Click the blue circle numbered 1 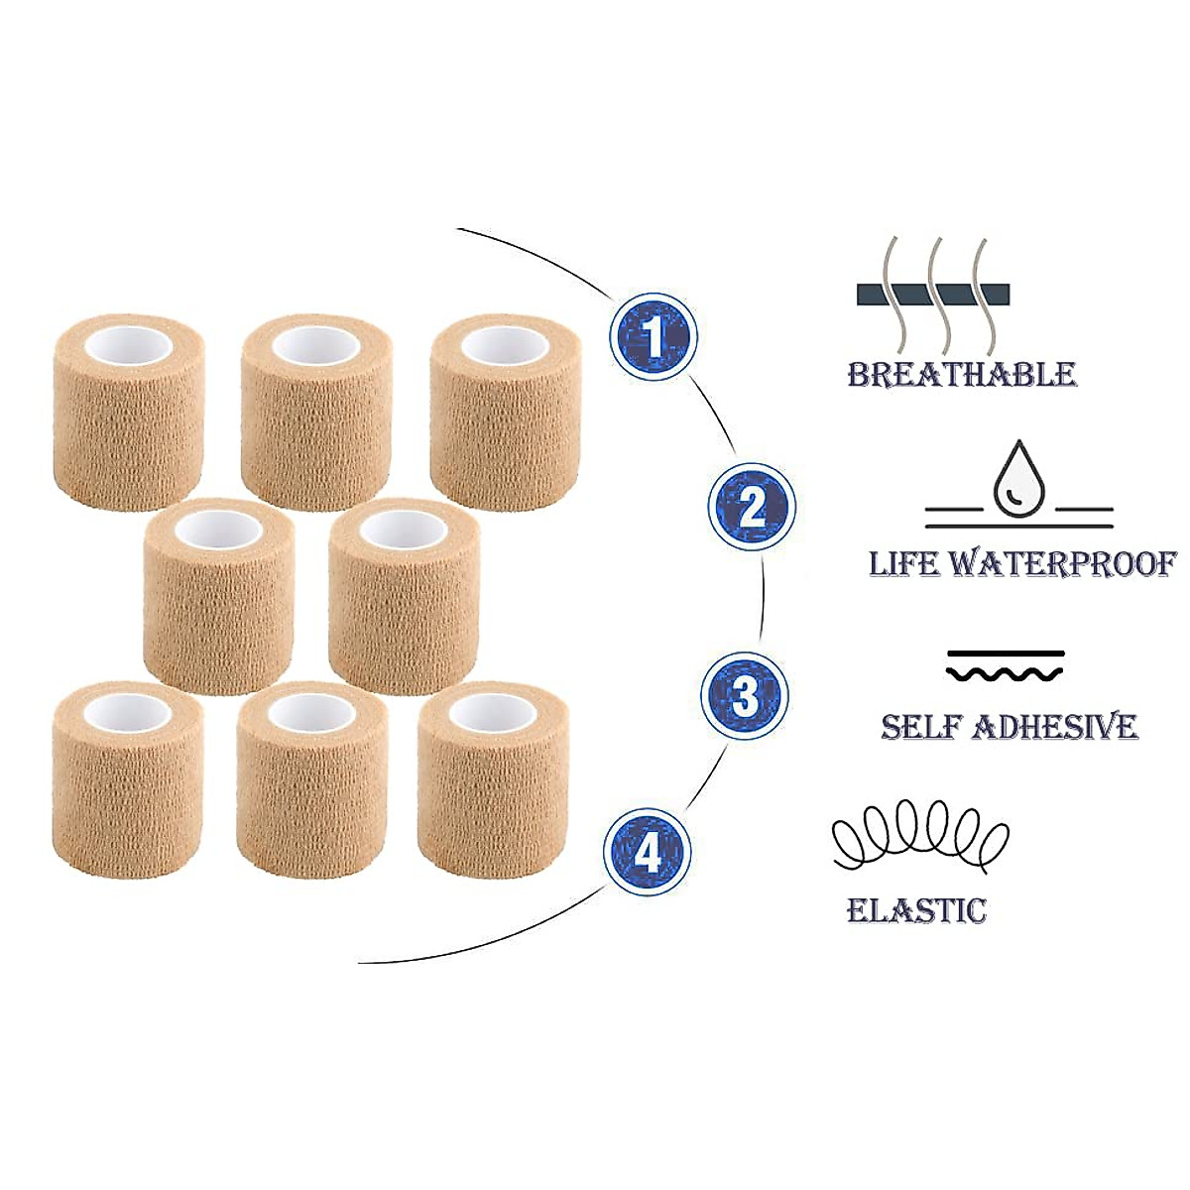coord(654,337)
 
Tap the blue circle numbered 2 coord(752,507)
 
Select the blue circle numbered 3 coord(744,696)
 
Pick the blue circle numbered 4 coord(648,853)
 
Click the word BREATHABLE coord(962,375)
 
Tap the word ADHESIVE coord(1055,727)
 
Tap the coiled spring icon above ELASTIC coord(920,837)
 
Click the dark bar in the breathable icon coord(932,294)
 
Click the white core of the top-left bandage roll coord(129,346)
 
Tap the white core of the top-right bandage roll coord(505,346)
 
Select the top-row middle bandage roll coord(316,413)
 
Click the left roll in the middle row coord(218,597)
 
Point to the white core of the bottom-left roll coord(127,713)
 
